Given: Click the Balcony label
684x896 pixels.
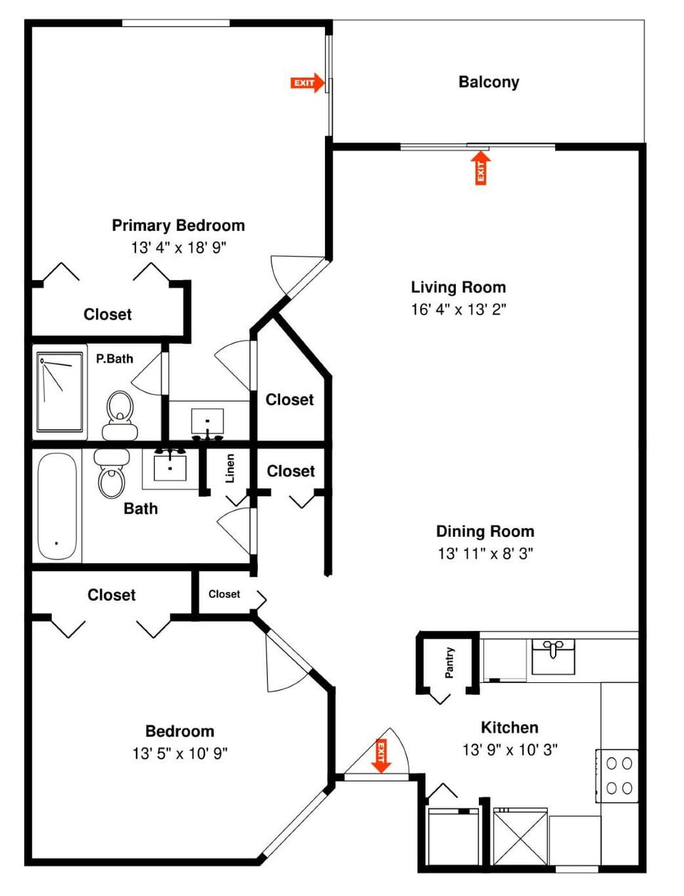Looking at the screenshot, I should [489, 82].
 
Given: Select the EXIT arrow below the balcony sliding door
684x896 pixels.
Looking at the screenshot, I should [481, 168].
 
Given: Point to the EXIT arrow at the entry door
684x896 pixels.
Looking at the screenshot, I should [381, 756].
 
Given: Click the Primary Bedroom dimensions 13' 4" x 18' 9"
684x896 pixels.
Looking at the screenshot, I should [178, 247].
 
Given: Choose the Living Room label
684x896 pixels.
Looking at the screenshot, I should [458, 287].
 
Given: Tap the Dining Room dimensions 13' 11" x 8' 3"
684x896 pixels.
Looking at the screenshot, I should [485, 553].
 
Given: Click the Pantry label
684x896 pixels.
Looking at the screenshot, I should [450, 663].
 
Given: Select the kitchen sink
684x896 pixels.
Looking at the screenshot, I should [554, 656].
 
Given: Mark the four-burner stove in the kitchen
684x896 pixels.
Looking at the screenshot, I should [618, 776].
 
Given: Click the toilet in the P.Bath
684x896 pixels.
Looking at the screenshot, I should [120, 416].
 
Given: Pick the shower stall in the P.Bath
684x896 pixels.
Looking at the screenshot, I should [60, 393].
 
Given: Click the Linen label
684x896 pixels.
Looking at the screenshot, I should [230, 468].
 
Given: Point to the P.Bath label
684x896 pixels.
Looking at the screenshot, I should [115, 359].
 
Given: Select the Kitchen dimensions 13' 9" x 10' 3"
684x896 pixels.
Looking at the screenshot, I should [509, 749].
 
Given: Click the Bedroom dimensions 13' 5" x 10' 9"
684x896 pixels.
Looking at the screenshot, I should [180, 753].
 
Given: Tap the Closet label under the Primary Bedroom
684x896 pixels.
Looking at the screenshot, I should [108, 314].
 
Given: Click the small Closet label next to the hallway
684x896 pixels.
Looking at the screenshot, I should [224, 594].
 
